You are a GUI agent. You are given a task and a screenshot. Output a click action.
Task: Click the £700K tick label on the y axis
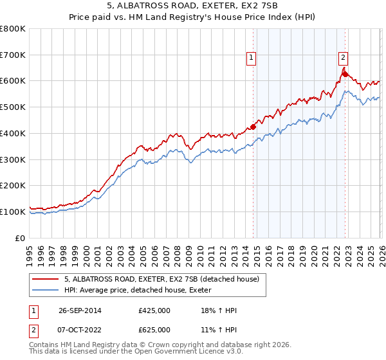pos(13,55)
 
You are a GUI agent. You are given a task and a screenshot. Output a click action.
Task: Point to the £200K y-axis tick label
pos(13,186)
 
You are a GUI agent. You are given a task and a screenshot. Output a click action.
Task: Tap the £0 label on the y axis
pos(20,238)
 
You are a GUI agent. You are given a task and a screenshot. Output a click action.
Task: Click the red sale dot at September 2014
pos(253,127)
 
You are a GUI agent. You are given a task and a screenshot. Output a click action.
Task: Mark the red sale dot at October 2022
pos(345,75)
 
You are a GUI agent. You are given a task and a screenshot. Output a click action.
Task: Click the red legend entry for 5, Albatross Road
pos(161,280)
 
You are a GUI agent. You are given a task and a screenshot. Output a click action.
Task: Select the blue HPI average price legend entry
pos(142,291)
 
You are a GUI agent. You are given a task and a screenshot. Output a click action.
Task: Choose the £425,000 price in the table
pos(154,310)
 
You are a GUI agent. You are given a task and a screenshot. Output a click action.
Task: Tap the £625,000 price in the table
pos(154,330)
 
